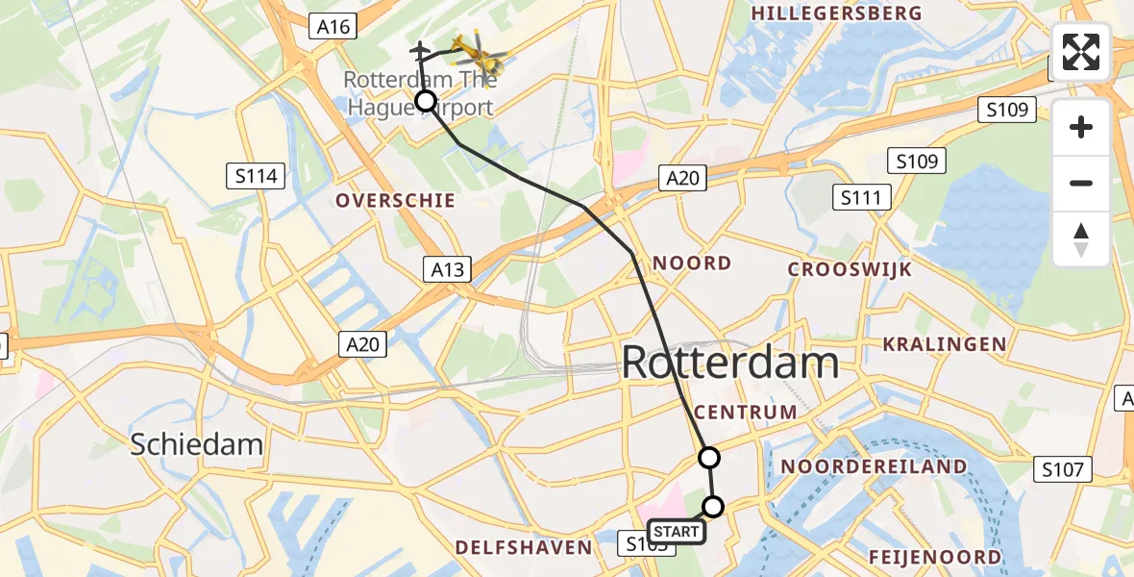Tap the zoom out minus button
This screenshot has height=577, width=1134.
point(1081,183)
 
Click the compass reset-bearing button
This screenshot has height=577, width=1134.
point(1081,239)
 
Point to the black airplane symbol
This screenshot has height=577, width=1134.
point(420,49)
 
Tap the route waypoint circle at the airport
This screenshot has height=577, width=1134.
point(425,101)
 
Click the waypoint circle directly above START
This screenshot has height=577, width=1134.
point(713,506)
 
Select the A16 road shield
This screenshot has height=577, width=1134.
point(333,27)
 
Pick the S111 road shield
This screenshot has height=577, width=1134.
point(861,198)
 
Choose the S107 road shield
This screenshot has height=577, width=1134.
point(1065,470)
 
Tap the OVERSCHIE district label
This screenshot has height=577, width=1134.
point(395,201)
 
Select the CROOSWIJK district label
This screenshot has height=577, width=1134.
point(850,270)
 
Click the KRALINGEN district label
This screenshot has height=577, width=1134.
point(945,344)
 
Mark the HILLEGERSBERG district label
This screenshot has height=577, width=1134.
point(836,13)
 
